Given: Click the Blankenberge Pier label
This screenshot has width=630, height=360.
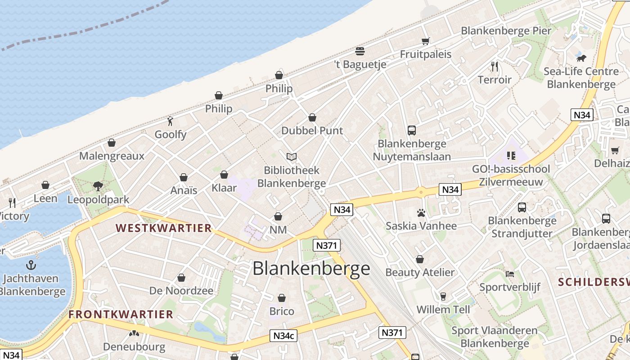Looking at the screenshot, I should [x=506, y=31].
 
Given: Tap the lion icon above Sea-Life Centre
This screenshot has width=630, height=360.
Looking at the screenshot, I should [x=581, y=58].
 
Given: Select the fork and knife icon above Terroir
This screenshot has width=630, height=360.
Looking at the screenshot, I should [x=495, y=67].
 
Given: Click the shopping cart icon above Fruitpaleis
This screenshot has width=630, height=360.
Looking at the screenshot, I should [x=425, y=41].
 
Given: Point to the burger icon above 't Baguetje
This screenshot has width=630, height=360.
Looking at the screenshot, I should [x=360, y=51].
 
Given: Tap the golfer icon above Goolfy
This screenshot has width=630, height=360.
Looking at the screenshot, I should [x=170, y=121].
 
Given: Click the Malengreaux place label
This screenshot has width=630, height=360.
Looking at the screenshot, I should [x=112, y=156].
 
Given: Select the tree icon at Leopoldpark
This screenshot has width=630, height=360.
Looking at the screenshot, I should [x=98, y=186].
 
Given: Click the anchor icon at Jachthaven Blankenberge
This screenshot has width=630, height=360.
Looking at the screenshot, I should [x=31, y=265].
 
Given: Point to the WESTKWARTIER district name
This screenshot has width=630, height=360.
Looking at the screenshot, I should [x=164, y=228].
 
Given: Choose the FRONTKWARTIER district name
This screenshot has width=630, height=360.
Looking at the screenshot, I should [x=121, y=315].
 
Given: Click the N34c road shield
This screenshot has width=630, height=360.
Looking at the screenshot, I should [x=284, y=335].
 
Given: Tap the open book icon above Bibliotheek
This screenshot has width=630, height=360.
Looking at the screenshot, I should [x=292, y=157].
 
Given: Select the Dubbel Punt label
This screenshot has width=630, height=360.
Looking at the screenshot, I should [x=312, y=131].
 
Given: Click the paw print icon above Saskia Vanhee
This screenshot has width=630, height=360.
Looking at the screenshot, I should [x=421, y=213].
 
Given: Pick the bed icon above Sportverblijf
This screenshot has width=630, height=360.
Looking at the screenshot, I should [x=509, y=274].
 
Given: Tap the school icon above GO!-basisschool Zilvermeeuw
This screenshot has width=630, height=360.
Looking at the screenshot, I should [x=511, y=156].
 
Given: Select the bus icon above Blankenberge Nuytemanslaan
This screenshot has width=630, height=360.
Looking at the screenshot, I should [x=411, y=130].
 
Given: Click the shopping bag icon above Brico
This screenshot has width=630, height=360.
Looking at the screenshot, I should [x=282, y=298].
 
